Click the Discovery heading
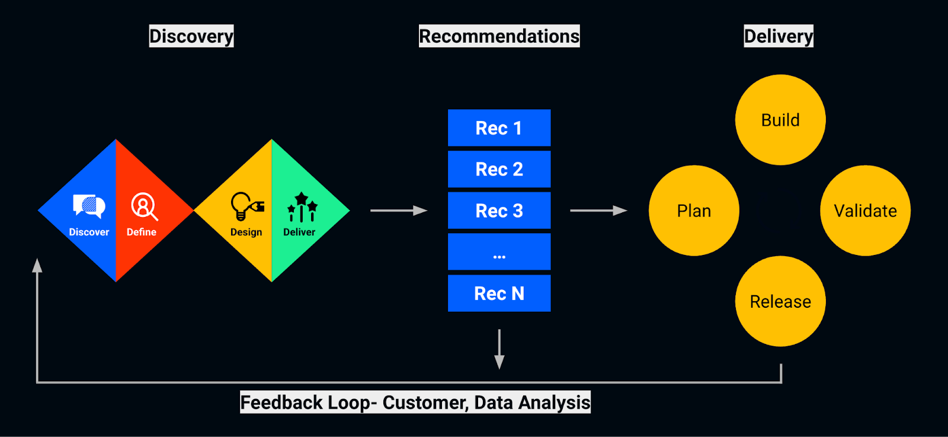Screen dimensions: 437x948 point(191,36)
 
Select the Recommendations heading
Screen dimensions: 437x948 point(499,36)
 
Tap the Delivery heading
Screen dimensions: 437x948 point(778,36)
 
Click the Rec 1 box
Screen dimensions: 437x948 point(499,128)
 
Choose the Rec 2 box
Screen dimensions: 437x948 point(499,169)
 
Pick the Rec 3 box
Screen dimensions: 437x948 point(499,210)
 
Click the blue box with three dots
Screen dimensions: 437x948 point(499,252)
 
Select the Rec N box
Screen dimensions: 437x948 point(499,293)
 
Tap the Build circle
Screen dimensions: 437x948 point(780,120)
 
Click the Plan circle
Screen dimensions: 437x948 point(694,210)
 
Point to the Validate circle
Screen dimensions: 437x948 point(865,210)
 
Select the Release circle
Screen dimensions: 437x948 point(780,301)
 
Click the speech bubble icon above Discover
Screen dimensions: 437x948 point(89,206)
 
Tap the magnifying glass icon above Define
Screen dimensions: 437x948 point(143,206)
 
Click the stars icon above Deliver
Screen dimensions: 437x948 point(302,206)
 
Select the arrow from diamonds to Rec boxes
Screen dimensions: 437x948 point(398,210)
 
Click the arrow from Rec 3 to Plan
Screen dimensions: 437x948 point(598,210)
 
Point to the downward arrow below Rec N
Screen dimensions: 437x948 point(499,349)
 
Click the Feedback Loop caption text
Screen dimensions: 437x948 point(415,403)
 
